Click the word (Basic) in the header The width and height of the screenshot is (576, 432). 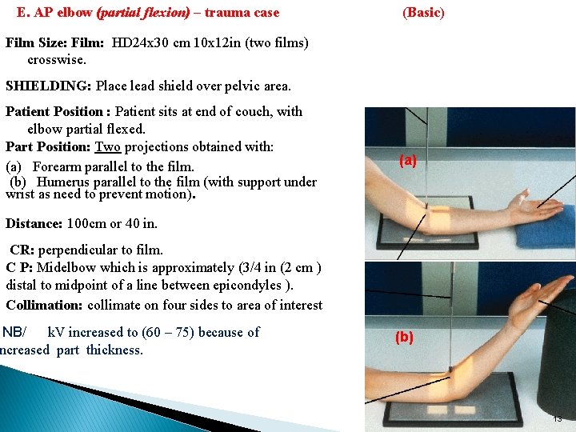pyautogui.click(x=423, y=12)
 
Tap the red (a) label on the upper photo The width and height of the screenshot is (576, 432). pyautogui.click(x=408, y=161)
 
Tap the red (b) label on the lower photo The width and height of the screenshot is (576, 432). pyautogui.click(x=405, y=338)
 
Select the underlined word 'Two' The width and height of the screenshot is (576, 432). pyautogui.click(x=107, y=147)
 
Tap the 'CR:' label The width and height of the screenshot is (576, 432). pyautogui.click(x=25, y=250)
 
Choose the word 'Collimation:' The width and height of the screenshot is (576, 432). pyautogui.click(x=45, y=305)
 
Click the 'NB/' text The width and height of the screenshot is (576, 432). pyautogui.click(x=14, y=332)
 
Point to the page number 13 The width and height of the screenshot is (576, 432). pyautogui.click(x=558, y=418)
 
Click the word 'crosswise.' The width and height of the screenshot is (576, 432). pyautogui.click(x=58, y=60)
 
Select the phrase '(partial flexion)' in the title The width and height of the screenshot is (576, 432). pyautogui.click(x=143, y=12)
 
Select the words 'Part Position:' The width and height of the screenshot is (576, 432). pyautogui.click(x=49, y=147)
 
